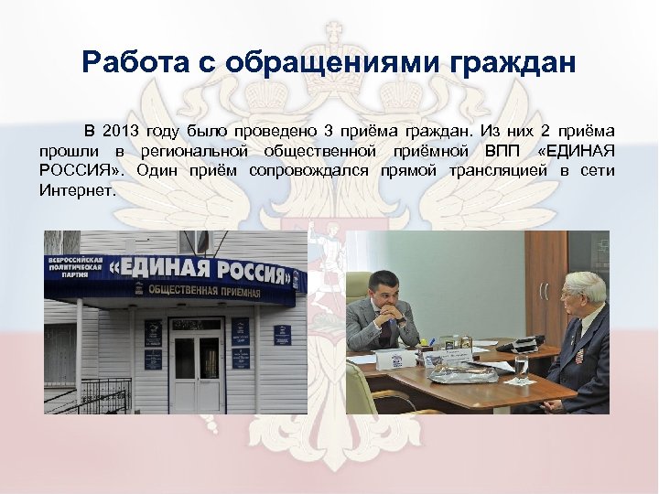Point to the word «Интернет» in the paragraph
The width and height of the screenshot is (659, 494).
coord(77,190)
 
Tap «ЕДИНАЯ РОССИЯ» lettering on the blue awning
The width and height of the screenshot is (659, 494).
coord(201,271)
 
